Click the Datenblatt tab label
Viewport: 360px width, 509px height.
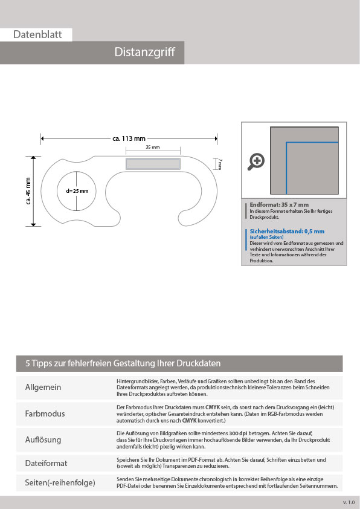37,34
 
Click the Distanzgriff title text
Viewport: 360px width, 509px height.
144,52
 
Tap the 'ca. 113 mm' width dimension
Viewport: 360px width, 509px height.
129,138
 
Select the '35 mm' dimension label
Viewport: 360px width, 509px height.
153,147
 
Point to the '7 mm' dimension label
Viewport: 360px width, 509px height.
220,164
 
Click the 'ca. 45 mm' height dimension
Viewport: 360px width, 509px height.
28,191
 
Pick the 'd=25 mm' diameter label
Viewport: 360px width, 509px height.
77,191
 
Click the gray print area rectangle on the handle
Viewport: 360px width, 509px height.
153,164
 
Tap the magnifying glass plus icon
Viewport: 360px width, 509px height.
256,161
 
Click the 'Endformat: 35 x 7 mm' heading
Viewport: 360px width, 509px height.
279,205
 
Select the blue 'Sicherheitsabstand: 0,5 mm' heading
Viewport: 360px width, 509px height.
287,231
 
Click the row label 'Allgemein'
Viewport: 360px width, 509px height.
43,387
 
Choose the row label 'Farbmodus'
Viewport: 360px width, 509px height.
45,413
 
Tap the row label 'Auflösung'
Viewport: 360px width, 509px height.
43,439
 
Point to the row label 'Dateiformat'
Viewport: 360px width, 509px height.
46,463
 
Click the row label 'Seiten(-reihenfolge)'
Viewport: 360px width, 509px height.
60,483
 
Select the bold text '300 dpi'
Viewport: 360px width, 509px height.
238,433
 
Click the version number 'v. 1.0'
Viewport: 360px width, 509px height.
349,502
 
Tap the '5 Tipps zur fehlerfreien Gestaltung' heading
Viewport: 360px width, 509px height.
123,363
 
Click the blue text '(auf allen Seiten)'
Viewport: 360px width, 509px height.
266,238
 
